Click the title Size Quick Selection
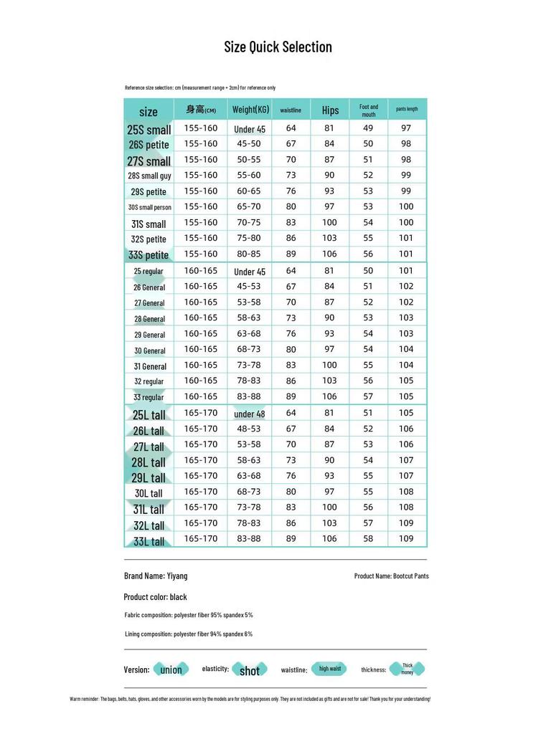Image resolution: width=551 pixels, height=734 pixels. pos(278,47)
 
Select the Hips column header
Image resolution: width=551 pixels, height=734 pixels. pos(330,110)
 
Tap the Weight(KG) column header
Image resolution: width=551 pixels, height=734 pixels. pos(250,110)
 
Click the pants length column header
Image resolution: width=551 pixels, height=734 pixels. pos(407,110)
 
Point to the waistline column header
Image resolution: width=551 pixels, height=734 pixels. pos(291,110)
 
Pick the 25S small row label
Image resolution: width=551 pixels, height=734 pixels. pos(149,130)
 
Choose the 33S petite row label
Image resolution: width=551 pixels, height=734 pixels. pos(149,255)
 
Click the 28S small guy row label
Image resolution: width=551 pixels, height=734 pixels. pos(149,176)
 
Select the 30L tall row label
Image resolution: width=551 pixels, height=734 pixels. pos(149,493)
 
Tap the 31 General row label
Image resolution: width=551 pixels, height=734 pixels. pos(149,366)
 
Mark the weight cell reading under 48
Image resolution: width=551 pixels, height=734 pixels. pos(250,414)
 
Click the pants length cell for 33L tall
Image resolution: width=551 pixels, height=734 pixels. pos(406,539)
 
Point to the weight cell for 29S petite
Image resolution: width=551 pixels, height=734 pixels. pos(249,191)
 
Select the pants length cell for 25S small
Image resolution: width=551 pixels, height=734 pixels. pos(406,128)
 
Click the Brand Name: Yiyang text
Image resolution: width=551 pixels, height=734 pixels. pos(156,576)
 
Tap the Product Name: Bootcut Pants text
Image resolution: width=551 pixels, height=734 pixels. pos(392,576)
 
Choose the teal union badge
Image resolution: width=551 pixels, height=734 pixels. pos(171,669)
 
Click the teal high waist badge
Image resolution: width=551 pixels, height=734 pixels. pos(330,669)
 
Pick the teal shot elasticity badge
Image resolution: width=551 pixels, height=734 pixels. pos(249,670)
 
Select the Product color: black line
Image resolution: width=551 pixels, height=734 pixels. pos(155,597)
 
